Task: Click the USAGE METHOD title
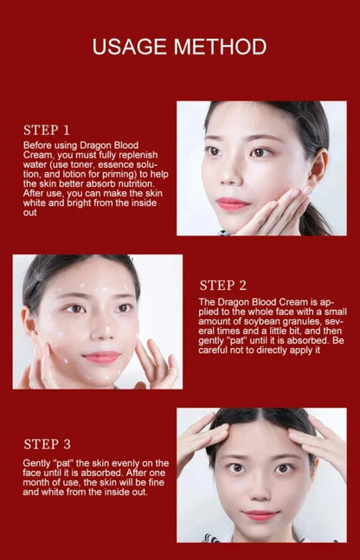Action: (x=179, y=46)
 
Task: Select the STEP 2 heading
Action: (x=223, y=285)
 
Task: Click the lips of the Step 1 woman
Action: (x=233, y=203)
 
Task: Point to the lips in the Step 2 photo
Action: (x=101, y=357)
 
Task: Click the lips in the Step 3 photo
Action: (x=260, y=515)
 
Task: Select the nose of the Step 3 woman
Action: (x=260, y=490)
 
